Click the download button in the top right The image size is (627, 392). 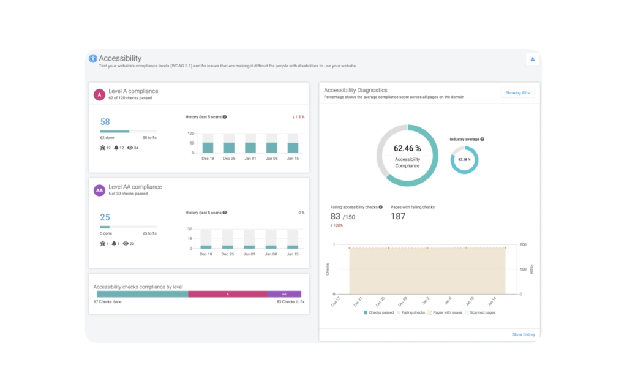pos(532,59)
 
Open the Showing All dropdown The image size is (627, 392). pos(517,93)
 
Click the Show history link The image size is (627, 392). pos(523,334)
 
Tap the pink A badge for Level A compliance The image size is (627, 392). pos(99,94)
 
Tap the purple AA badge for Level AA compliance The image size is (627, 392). pos(99,190)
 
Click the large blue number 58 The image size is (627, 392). pos(105,122)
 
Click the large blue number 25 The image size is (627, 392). pos(105,217)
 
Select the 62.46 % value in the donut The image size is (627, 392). pos(407,148)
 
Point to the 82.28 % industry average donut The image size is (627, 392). pos(464,160)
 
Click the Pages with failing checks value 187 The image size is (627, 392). pos(398,216)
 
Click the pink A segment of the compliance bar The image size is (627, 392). pos(227,294)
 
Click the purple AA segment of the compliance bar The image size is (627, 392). pos(283,294)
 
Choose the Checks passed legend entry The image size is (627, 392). pos(379,312)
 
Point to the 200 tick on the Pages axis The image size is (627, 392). pos(523,244)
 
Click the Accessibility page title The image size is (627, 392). pos(120,58)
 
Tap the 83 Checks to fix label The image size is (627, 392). pos(290,302)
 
